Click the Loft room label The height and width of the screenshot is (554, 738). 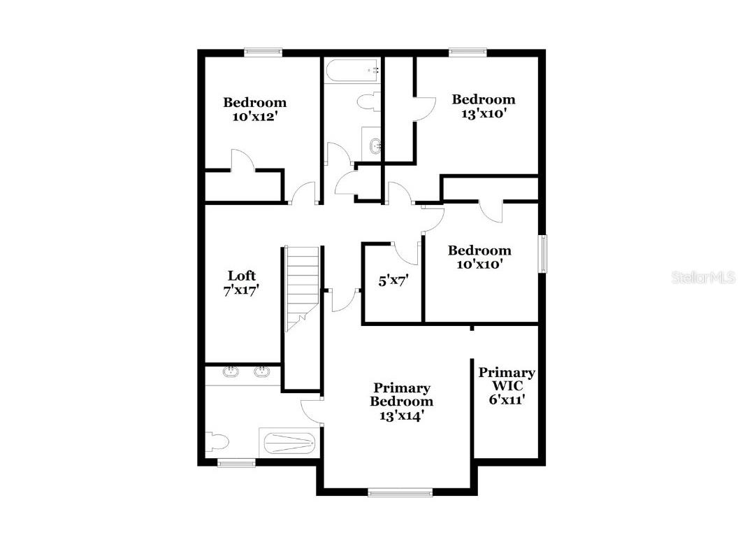[242, 283]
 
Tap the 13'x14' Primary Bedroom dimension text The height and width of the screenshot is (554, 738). [400, 415]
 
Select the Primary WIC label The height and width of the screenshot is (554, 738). [507, 385]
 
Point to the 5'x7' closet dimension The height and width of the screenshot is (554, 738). [393, 281]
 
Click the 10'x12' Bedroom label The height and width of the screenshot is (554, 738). [254, 109]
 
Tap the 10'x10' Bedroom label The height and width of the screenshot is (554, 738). [479, 257]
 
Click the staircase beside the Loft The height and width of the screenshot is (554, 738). [303, 287]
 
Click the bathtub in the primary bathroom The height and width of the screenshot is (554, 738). [287, 442]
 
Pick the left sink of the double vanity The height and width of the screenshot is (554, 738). [231, 372]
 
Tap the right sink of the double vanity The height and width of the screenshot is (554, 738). [263, 372]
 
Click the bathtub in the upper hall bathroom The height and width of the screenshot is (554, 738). [353, 71]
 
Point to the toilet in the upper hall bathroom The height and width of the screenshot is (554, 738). [368, 102]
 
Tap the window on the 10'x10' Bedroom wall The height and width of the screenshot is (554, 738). [542, 253]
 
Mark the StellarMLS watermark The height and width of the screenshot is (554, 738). [703, 278]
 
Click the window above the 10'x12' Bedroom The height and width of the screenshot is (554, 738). [263, 52]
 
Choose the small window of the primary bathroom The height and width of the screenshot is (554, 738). [236, 462]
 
